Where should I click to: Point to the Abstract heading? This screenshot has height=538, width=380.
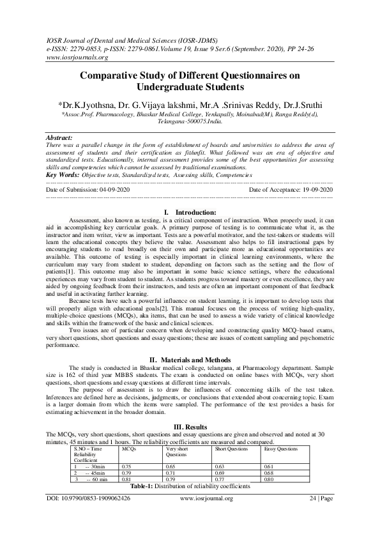pos(59,137)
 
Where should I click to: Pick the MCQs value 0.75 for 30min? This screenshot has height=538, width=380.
pos(126,467)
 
